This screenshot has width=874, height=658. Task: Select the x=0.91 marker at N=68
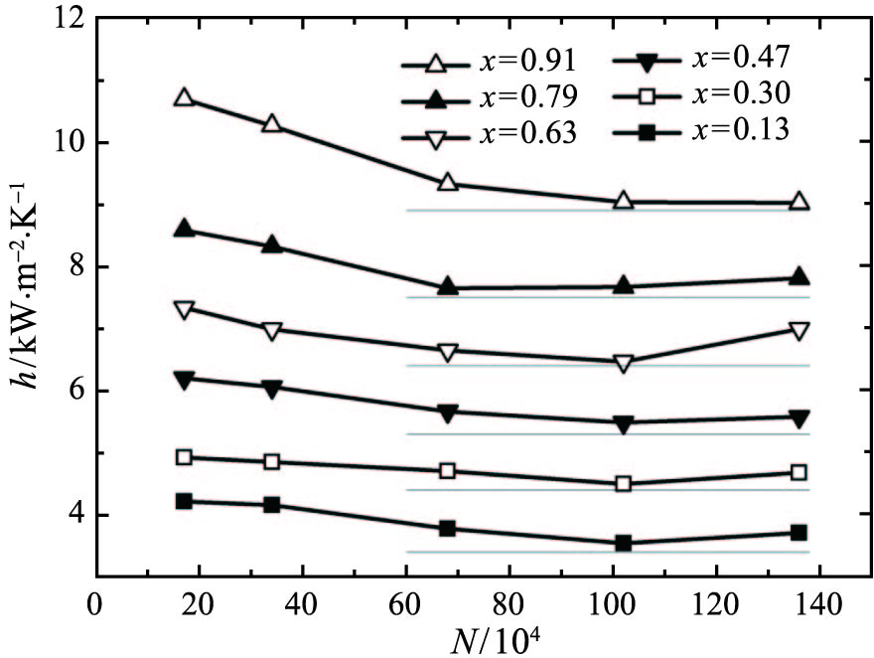click(x=447, y=183)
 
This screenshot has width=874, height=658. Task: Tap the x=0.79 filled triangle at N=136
click(x=799, y=277)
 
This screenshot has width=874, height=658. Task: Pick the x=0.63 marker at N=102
click(x=624, y=363)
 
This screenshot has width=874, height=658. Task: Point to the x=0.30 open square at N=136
click(x=799, y=472)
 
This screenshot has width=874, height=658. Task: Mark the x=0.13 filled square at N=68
click(x=447, y=528)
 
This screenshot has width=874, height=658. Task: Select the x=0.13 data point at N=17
click(x=184, y=501)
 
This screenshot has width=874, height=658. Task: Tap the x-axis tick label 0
click(x=96, y=603)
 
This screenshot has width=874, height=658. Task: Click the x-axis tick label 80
click(x=510, y=603)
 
